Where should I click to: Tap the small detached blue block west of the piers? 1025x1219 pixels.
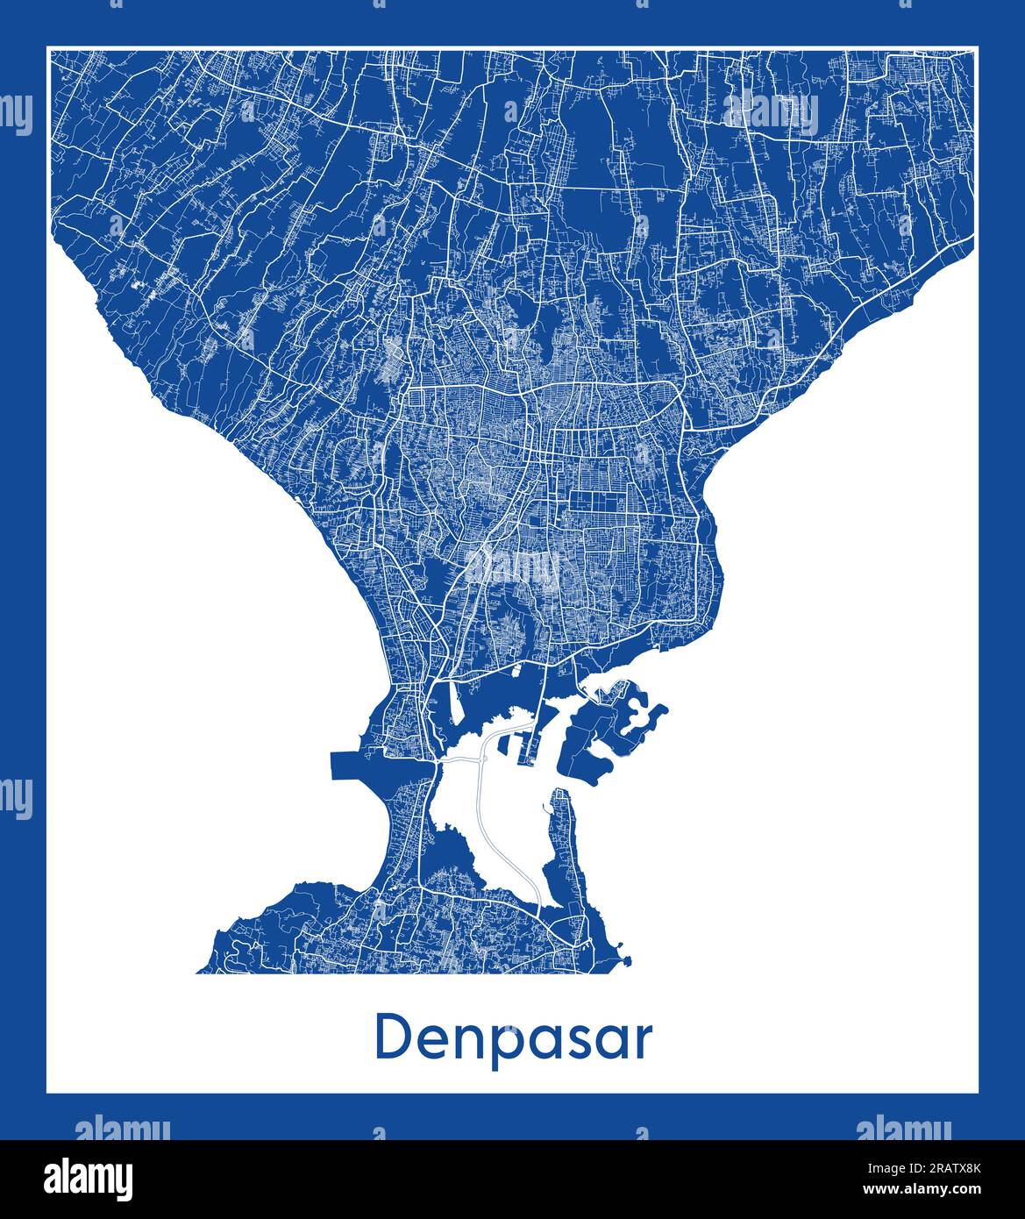click(506, 745)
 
